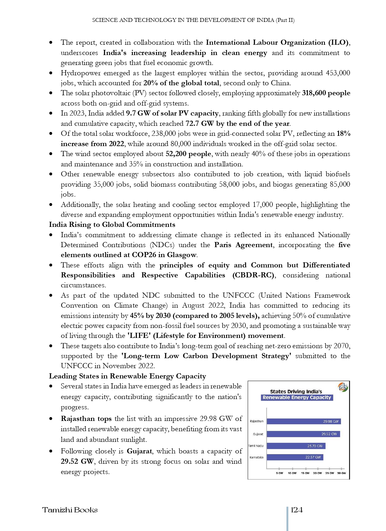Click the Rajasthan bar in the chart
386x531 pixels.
[303, 421]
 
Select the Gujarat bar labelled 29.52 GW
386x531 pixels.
[303, 434]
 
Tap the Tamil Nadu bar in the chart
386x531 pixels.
[296, 446]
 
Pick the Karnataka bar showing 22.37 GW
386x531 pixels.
[295, 457]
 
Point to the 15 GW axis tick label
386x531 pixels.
[305, 473]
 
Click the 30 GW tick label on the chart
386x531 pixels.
[341, 473]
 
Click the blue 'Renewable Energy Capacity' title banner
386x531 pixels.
[297, 397]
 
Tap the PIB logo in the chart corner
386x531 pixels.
[343, 387]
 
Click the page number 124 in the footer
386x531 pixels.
[297, 510]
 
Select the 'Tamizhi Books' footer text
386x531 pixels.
[70, 510]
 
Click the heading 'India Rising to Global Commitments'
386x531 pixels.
[112, 225]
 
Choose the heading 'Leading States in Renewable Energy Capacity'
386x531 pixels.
[127, 376]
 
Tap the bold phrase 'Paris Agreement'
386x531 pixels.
[244, 245]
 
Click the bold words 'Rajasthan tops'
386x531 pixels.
[86, 419]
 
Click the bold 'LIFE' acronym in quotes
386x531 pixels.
[139, 336]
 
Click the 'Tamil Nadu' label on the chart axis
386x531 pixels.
[256, 446]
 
